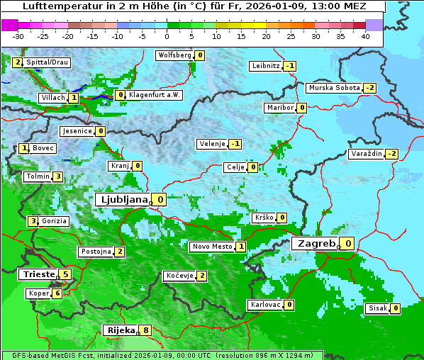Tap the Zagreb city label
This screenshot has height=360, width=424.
point(316,243)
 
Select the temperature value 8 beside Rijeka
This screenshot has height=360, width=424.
point(146,330)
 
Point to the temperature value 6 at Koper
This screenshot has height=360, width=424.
point(57,293)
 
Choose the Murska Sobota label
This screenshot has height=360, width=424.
point(333,88)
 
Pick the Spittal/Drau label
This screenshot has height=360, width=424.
point(47,62)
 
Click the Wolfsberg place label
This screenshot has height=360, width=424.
point(174,55)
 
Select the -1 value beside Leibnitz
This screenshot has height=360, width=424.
point(289,66)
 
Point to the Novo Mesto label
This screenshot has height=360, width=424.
point(212,247)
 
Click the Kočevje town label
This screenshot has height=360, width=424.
point(179,276)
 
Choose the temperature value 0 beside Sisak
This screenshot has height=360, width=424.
point(395,308)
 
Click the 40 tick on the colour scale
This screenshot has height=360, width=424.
point(365,36)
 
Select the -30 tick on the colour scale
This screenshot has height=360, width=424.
point(18,36)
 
